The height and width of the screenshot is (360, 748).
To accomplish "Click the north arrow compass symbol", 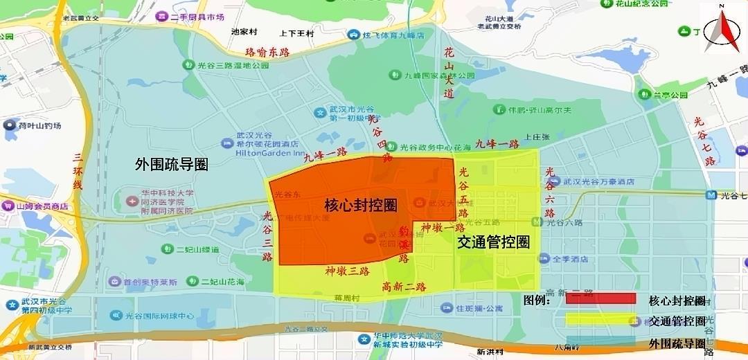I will click(722, 30).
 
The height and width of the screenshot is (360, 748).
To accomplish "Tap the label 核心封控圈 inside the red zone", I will click(361, 205).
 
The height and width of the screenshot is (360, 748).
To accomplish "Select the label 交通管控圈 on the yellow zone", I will click(493, 242).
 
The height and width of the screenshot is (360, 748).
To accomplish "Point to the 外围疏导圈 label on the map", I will click(172, 164).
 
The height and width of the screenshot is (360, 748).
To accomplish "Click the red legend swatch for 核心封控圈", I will click(600, 299).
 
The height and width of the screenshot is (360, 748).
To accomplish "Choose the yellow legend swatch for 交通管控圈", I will click(600, 321).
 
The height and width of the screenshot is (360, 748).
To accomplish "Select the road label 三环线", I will click(78, 172).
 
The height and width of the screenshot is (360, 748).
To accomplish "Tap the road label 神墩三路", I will click(346, 271).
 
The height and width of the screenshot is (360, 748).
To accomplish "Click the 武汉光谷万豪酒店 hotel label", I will click(598, 181).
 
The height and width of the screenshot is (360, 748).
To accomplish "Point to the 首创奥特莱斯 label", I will click(150, 282).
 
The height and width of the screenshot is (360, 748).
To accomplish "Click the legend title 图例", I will click(537, 300).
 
